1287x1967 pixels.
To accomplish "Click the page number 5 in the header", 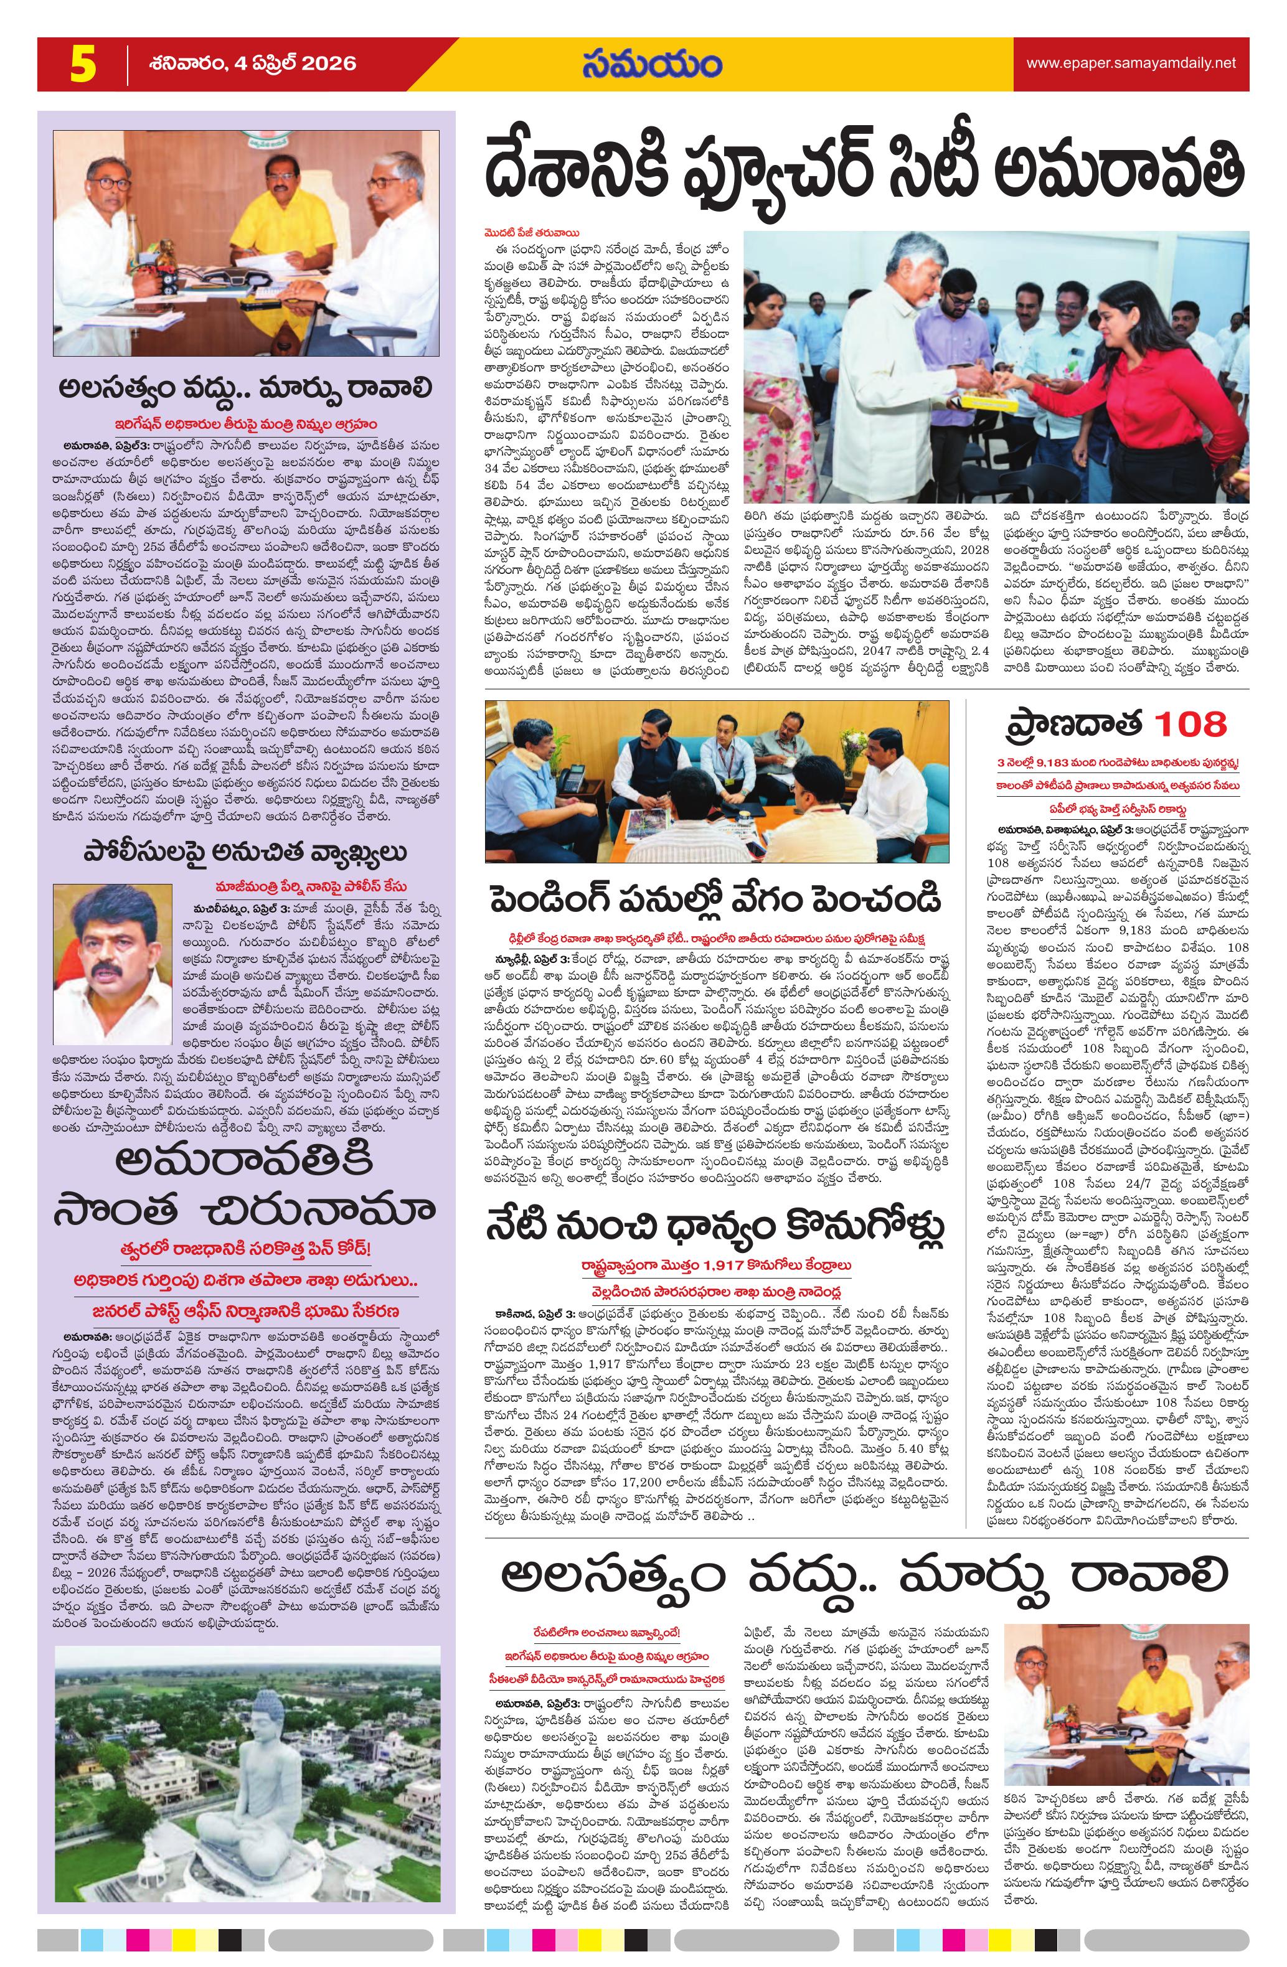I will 80,65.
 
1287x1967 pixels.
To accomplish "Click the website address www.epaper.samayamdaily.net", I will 1131,63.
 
